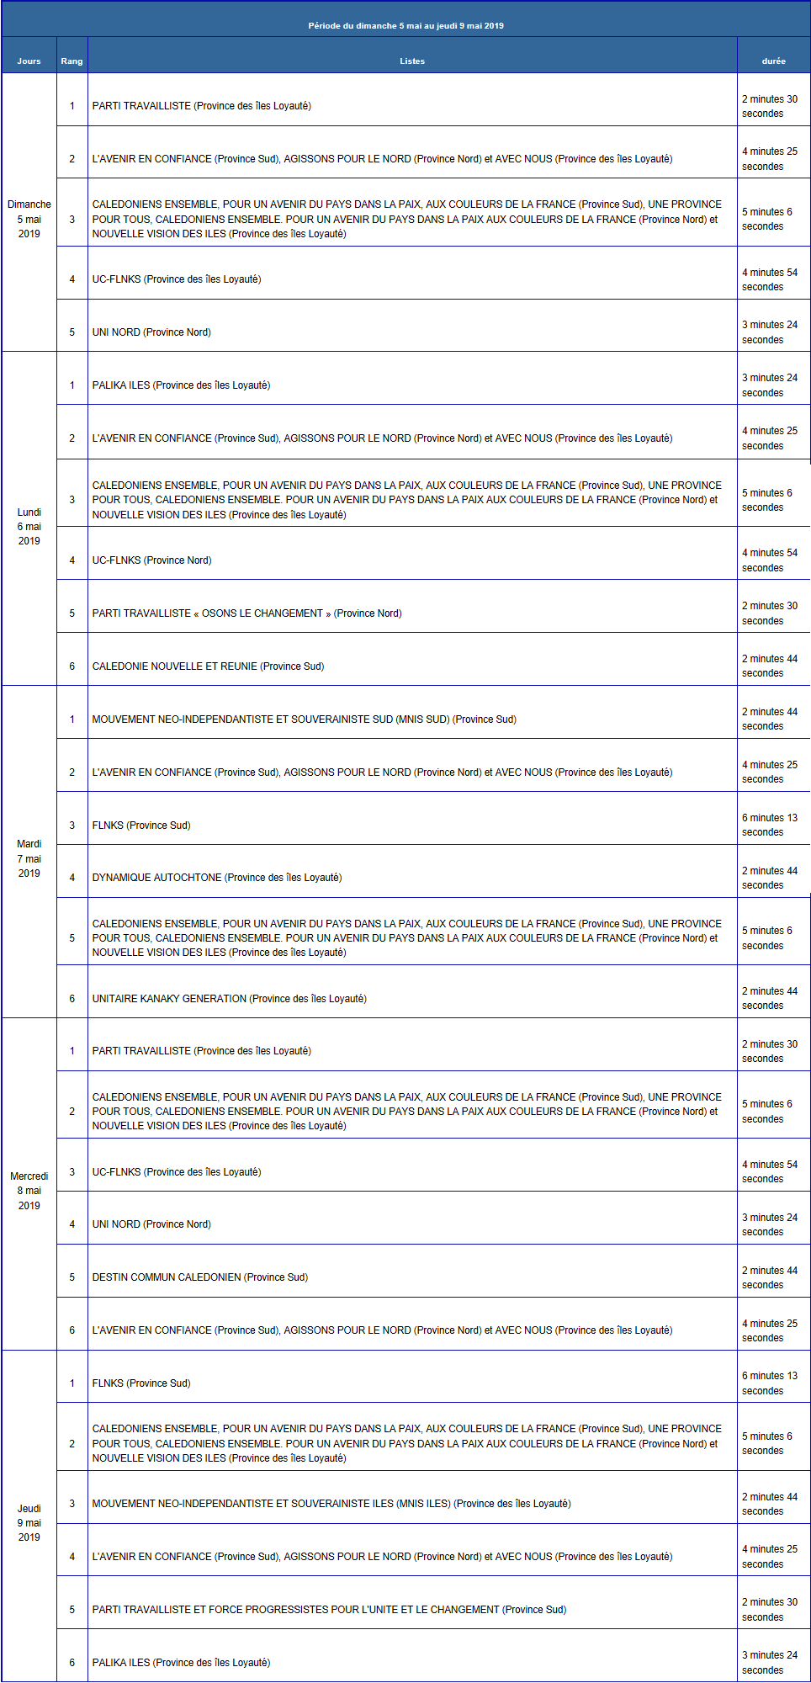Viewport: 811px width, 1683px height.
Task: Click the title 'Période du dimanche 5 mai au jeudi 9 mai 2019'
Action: [405, 25]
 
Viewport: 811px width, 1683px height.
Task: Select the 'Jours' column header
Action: [29, 61]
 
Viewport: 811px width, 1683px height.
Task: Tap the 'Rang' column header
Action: [72, 61]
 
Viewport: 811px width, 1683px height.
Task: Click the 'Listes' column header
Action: [412, 61]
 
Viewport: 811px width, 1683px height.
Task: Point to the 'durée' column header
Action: [773, 61]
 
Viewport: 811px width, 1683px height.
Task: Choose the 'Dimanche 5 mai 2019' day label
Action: [29, 219]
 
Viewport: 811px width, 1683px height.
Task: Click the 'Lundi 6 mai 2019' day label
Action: [29, 527]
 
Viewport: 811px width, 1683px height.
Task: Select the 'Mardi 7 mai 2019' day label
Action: [29, 858]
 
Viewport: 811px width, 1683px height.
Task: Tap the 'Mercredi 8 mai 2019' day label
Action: [29, 1191]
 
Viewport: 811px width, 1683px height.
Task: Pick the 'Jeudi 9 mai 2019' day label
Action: [29, 1523]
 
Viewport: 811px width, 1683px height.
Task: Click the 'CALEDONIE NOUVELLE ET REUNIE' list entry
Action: [208, 666]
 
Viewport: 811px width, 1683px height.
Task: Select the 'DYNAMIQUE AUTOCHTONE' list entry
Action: [217, 878]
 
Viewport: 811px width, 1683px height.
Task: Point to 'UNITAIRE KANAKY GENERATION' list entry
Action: [229, 999]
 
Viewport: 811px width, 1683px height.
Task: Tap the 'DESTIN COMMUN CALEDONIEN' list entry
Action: [200, 1277]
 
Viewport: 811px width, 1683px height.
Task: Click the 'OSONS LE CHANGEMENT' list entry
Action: [246, 613]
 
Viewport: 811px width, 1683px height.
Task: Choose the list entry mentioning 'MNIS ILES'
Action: [331, 1504]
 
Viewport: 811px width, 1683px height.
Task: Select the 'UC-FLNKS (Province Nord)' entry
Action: [151, 560]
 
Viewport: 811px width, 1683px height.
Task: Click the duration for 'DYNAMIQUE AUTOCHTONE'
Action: [769, 878]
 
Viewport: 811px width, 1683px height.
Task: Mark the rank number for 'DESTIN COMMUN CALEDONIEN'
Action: [72, 1277]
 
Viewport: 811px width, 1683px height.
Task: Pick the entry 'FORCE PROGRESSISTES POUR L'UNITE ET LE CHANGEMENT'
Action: [329, 1610]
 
